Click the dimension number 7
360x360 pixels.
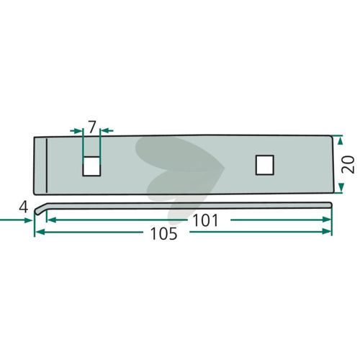pyautogui.click(x=92, y=127)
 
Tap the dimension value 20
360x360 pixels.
pyautogui.click(x=348, y=164)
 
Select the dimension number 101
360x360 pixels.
pyautogui.click(x=205, y=220)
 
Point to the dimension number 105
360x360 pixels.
pyautogui.click(x=164, y=233)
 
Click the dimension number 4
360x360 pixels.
pyautogui.click(x=24, y=207)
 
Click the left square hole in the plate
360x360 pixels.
pyautogui.click(x=91, y=166)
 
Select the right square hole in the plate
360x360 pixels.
pyautogui.click(x=265, y=165)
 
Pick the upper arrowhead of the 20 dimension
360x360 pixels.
pyautogui.click(x=340, y=140)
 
